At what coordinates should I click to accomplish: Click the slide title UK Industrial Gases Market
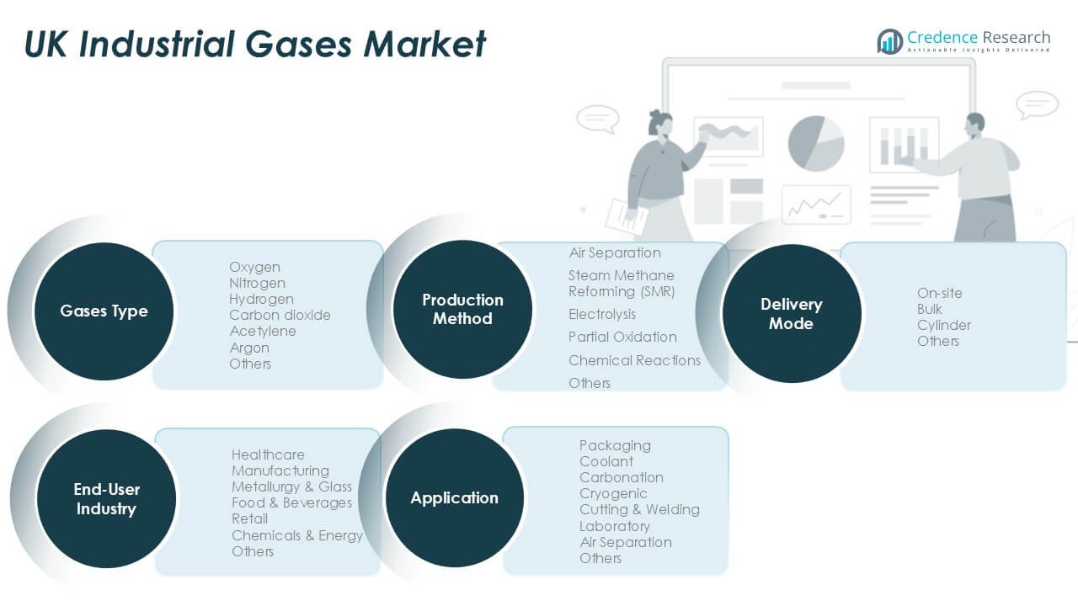point(255,43)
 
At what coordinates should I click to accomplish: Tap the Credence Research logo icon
point(889,40)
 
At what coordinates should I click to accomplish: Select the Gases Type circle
point(104,311)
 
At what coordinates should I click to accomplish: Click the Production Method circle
point(462,310)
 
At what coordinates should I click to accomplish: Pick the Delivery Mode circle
point(791,314)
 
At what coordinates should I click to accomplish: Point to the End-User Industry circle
point(106,499)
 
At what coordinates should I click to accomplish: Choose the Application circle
point(454,498)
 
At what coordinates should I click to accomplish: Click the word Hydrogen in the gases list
point(261,299)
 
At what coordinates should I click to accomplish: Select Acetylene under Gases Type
point(262,332)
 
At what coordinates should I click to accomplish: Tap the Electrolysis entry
point(602,314)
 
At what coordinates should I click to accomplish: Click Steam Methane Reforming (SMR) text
point(622,284)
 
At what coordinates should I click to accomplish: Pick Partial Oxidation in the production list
point(622,337)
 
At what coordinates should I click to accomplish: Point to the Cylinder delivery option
point(944,325)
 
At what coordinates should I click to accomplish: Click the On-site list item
point(939,293)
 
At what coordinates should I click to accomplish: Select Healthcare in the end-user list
point(268,454)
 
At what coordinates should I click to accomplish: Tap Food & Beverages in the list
point(291,502)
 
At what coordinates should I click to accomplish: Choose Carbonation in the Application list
point(621,477)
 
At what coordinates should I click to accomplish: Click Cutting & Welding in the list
point(639,509)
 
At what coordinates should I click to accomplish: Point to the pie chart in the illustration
point(815,143)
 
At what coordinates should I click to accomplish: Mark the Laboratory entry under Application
point(614,526)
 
